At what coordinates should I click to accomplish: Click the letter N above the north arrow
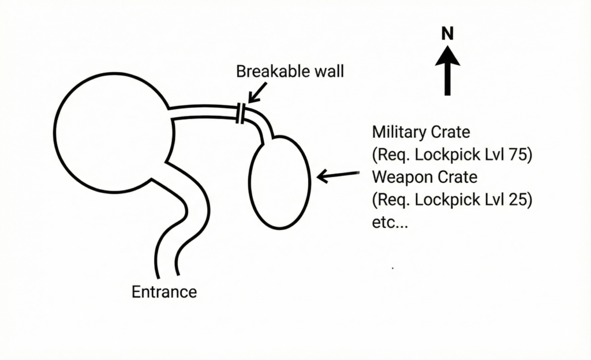point(447,34)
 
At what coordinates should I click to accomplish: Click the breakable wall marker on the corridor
point(241,112)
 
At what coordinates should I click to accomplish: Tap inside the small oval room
point(280,182)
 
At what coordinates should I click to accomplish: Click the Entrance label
point(164,292)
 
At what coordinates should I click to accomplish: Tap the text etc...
point(390,223)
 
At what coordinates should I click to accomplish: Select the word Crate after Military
point(451,132)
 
